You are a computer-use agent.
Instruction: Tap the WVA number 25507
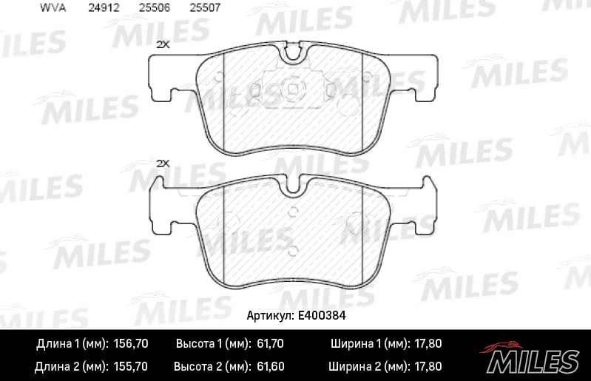point(203,8)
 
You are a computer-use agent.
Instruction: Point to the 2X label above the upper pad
point(163,44)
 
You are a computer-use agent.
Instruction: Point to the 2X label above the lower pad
point(163,163)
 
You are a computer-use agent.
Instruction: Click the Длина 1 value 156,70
point(131,344)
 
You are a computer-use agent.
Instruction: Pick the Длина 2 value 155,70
point(131,366)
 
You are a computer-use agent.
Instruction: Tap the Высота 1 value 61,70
point(269,344)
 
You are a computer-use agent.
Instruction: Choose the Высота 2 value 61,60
point(269,366)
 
